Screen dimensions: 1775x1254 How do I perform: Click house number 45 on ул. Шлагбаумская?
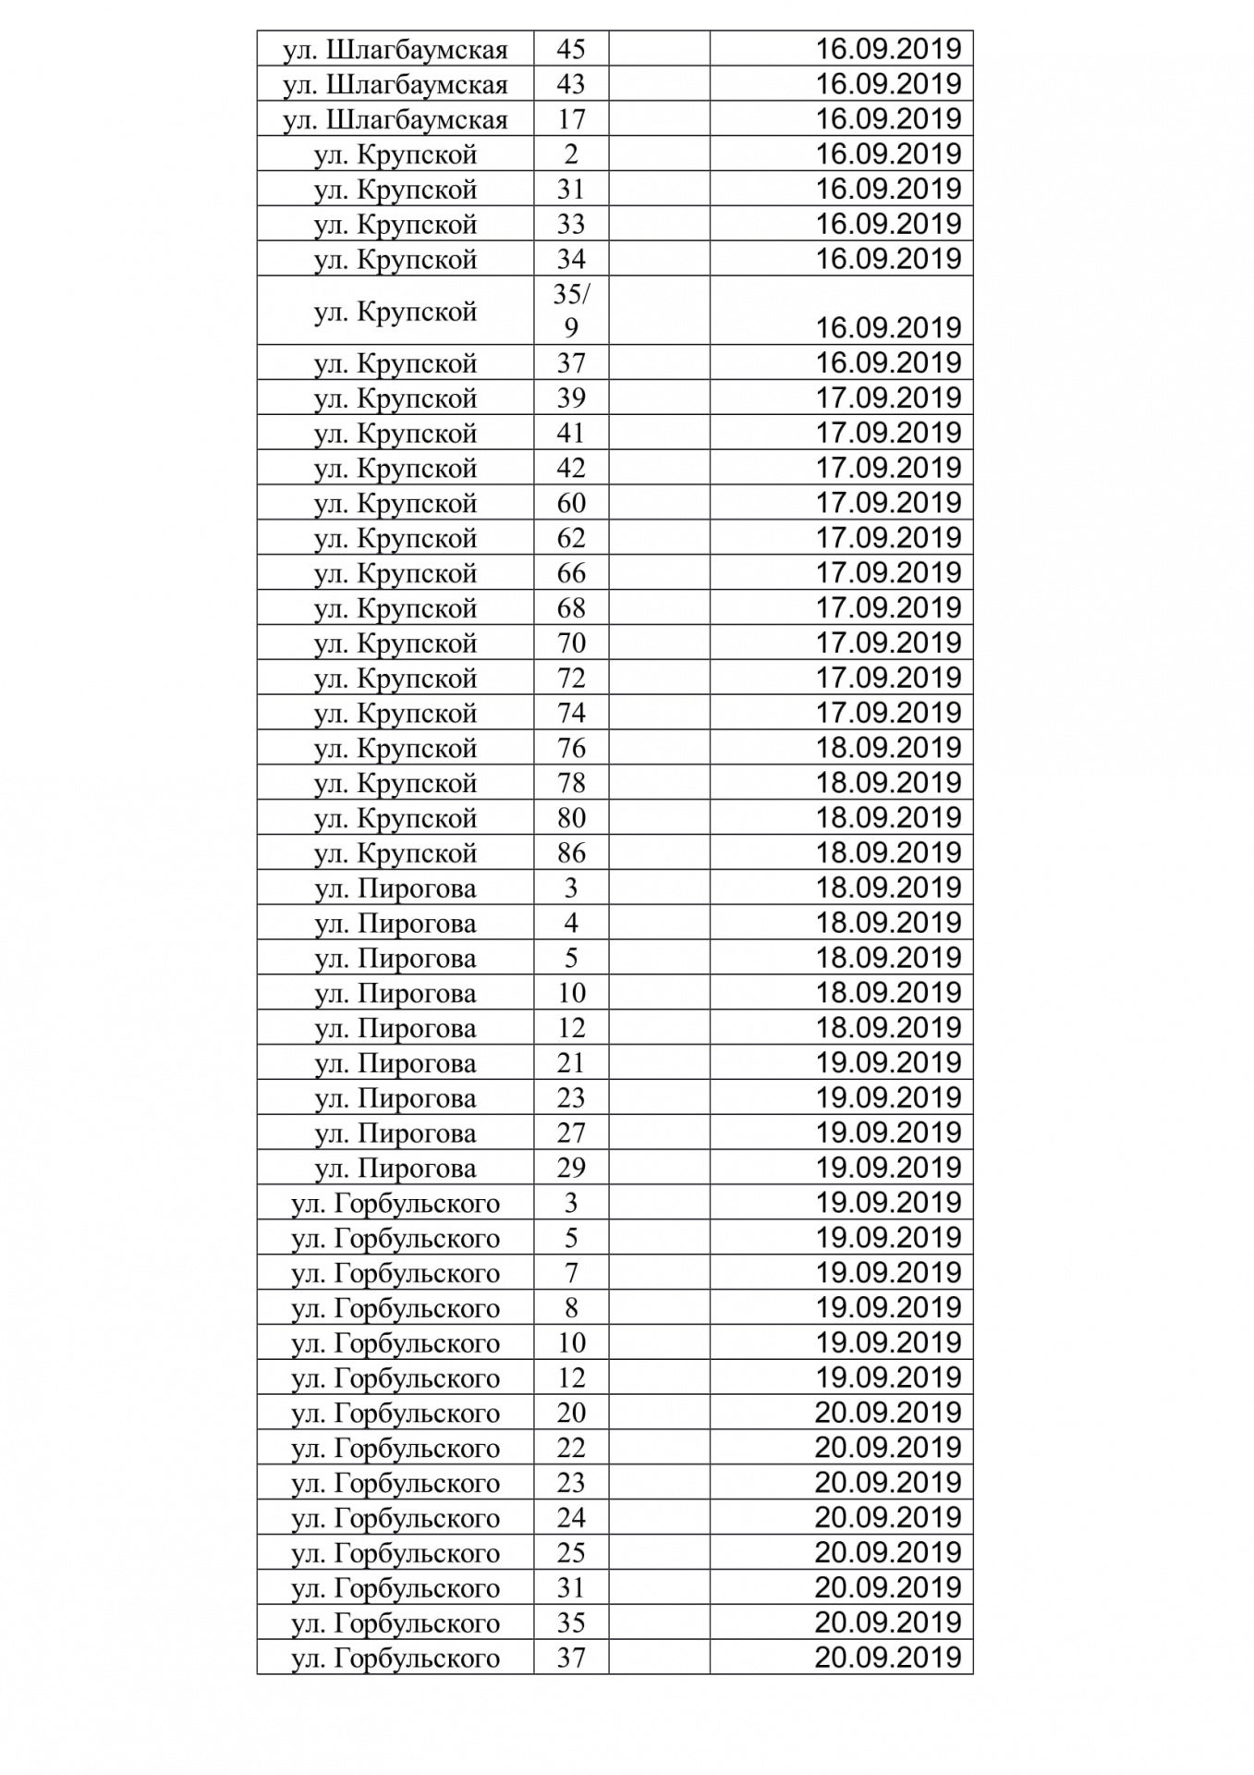pos(570,49)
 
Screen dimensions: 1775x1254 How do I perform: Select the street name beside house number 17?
pos(396,119)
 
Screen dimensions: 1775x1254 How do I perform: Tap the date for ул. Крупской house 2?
pos(887,153)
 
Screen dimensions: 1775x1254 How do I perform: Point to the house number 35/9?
pos(570,311)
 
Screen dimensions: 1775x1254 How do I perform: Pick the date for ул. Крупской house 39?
pos(887,398)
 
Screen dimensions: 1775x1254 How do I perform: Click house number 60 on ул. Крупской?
pos(570,503)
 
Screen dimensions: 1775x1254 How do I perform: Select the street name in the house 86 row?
pos(396,852)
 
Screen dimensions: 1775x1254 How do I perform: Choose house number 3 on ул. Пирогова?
pos(570,888)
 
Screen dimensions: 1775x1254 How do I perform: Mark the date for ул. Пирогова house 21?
pos(887,1062)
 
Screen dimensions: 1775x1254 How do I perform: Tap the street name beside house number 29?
pos(396,1168)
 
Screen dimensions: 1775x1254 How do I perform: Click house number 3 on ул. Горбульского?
pos(570,1203)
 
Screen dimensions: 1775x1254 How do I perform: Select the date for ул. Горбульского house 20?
pos(887,1413)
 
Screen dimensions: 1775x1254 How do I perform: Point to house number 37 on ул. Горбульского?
pos(570,1658)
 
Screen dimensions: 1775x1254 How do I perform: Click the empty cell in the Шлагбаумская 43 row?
pos(659,84)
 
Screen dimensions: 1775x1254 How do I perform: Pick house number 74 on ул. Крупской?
pos(570,713)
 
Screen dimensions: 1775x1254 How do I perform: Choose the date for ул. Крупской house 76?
pos(887,748)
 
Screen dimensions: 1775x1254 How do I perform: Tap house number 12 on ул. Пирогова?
pos(570,1028)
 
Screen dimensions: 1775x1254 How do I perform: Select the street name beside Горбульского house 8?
pos(396,1308)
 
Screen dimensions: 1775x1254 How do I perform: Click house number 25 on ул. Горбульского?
pos(570,1552)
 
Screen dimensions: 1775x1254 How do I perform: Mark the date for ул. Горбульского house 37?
pos(887,1658)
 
